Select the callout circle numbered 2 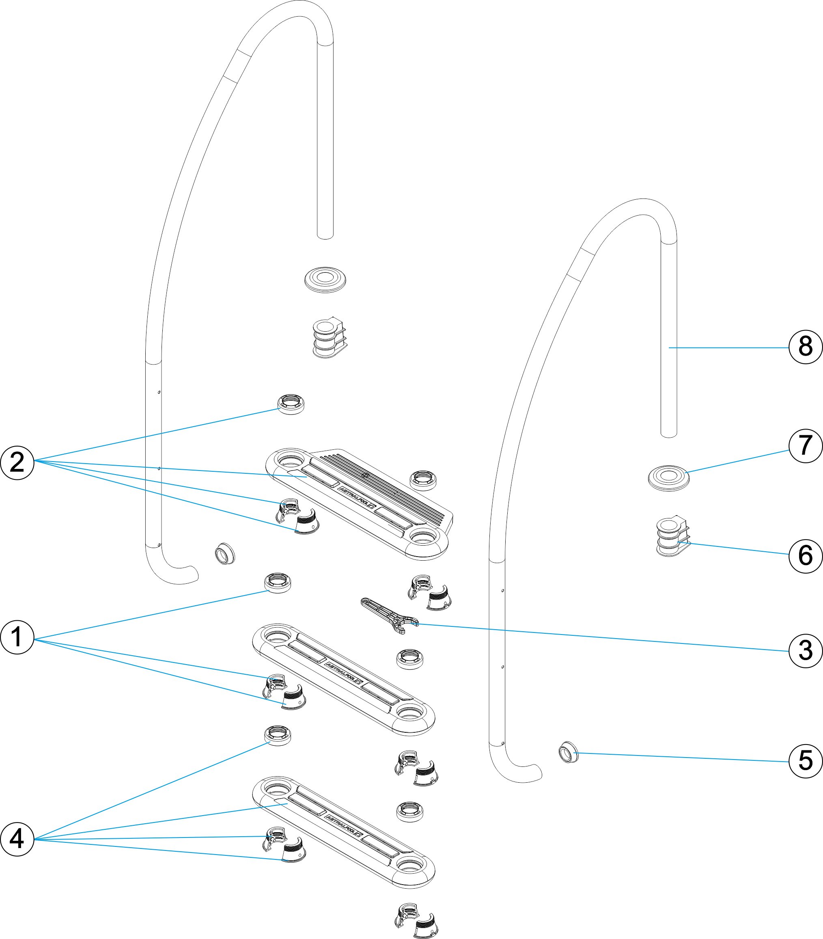coord(17,462)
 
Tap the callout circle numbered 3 coord(806,650)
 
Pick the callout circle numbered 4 coord(17,839)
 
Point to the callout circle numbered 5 coord(806,760)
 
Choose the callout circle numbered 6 coord(806,555)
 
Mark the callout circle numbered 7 coord(806,445)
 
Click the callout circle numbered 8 coord(806,347)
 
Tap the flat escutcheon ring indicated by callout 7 coord(668,478)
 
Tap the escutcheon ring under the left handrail coord(325,279)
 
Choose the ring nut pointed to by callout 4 coord(278,735)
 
